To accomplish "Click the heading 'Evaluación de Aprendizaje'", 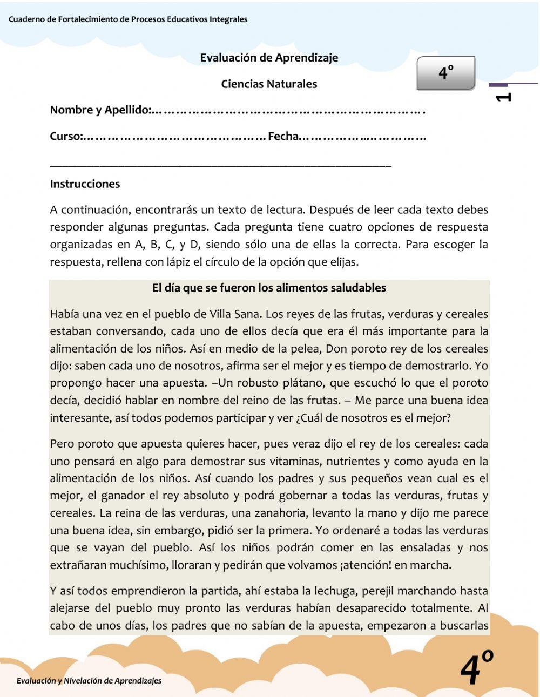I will click(269, 58).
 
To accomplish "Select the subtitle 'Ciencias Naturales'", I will click(269, 84).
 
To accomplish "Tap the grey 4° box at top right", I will click(446, 73).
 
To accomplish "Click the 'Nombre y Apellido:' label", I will click(100, 110).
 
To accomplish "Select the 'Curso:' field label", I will click(65, 137).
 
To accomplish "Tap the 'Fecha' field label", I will click(283, 137).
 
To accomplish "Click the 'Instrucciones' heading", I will click(85, 184).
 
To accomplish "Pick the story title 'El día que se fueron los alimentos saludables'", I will click(269, 288).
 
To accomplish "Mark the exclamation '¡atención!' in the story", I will click(364, 565).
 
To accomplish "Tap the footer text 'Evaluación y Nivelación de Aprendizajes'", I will click(89, 681).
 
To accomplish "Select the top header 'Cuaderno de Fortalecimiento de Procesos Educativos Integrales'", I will click(128, 19).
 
